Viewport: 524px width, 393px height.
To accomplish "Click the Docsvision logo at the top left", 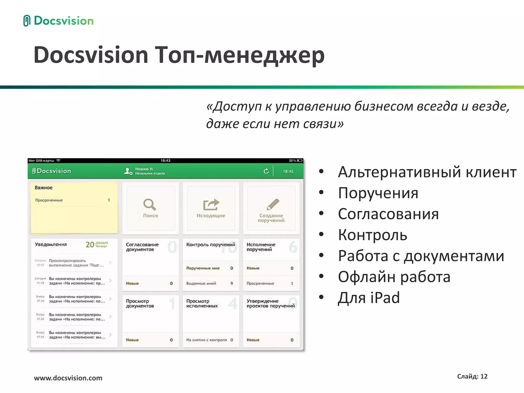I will coord(58,21).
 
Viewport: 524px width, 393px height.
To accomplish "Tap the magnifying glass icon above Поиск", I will coord(150,204).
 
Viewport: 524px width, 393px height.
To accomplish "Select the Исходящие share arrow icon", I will coord(211,204).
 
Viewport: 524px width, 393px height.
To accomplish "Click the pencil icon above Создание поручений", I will coord(272,204).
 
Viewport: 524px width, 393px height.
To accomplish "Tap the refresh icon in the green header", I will coord(266,171).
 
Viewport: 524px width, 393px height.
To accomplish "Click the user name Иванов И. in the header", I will coord(144,169).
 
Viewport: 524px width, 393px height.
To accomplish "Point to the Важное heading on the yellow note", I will coord(43,188).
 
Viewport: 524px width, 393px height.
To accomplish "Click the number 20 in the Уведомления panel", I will coord(90,245).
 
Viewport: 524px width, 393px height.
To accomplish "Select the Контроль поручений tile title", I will coord(210,245).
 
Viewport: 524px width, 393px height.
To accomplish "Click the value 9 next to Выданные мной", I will coord(232,283).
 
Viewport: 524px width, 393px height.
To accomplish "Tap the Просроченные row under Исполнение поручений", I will coord(260,283).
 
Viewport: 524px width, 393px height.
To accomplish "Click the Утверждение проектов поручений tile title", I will coord(270,303).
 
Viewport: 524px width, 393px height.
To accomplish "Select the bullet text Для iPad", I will coord(368,298).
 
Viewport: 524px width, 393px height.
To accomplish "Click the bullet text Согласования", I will coord(388,214).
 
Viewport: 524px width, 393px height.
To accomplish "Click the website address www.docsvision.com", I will coord(68,378).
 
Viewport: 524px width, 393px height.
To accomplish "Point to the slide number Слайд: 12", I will coord(472,376).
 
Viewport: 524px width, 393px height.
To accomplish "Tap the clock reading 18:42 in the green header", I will coord(288,171).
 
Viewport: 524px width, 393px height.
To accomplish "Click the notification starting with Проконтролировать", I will coord(76,263).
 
